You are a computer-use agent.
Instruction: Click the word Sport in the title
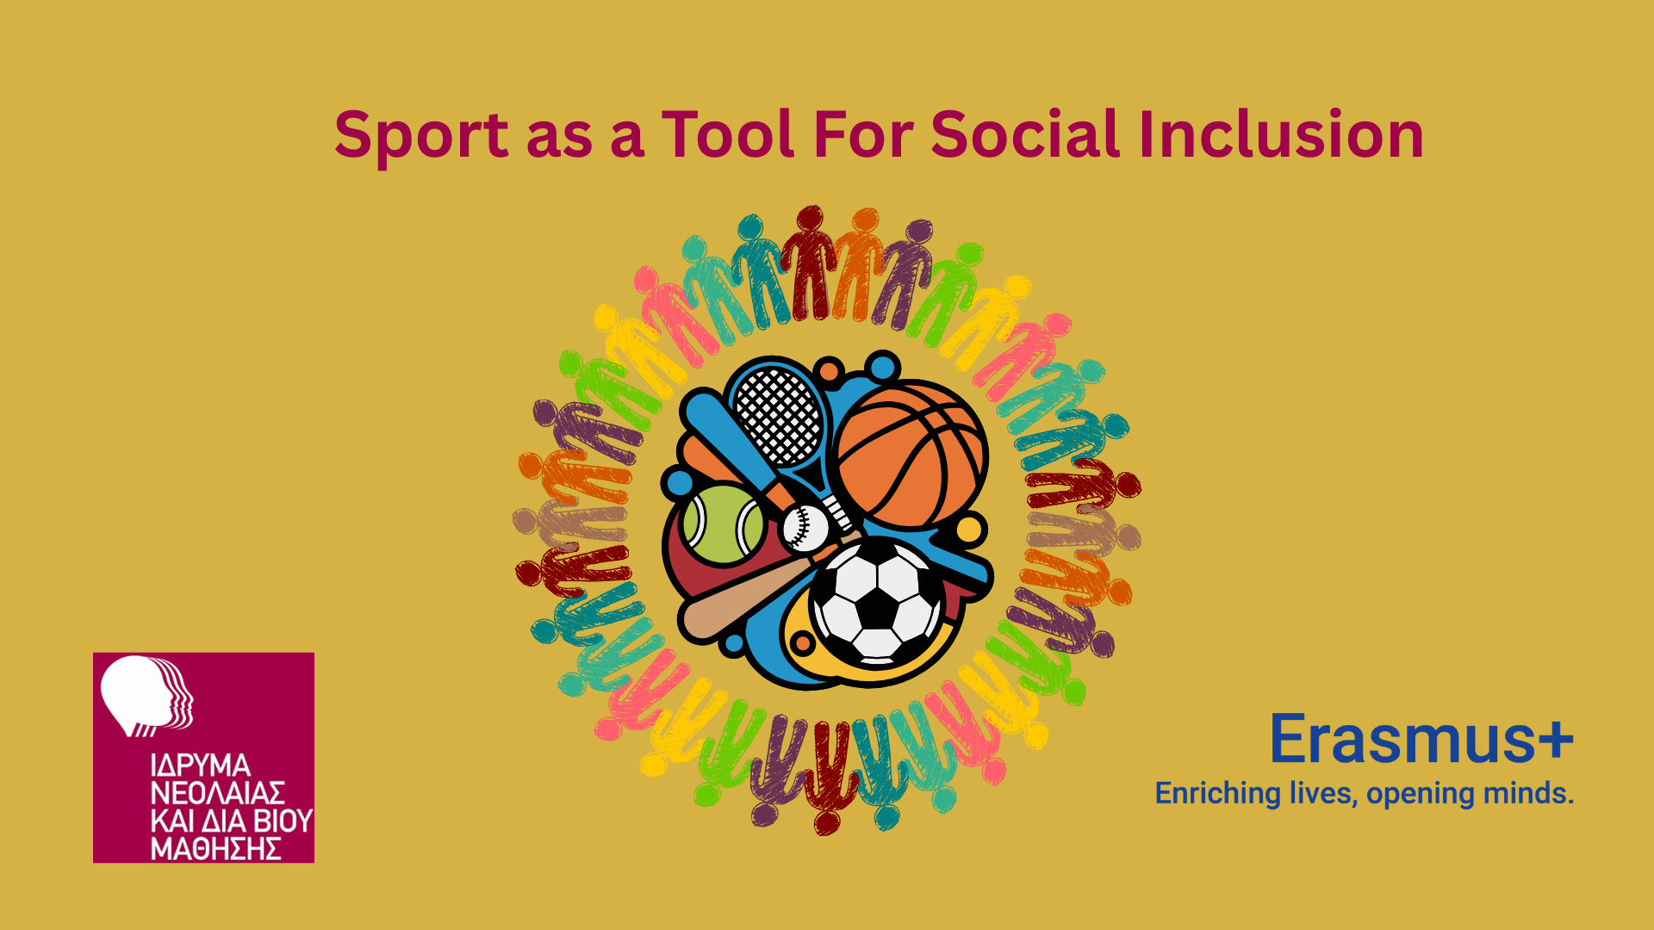(422, 136)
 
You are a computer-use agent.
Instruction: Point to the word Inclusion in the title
(1282, 134)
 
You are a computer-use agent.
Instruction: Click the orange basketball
(911, 455)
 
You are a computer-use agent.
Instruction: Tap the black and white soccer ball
(877, 602)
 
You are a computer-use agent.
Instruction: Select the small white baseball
(805, 527)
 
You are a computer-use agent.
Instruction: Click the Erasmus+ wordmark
(1421, 739)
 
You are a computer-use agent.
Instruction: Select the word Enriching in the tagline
(1218, 794)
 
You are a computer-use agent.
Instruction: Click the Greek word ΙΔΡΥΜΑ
(200, 766)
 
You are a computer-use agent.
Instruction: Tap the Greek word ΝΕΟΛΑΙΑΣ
(217, 793)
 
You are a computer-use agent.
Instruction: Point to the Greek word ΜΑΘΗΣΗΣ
(215, 849)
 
